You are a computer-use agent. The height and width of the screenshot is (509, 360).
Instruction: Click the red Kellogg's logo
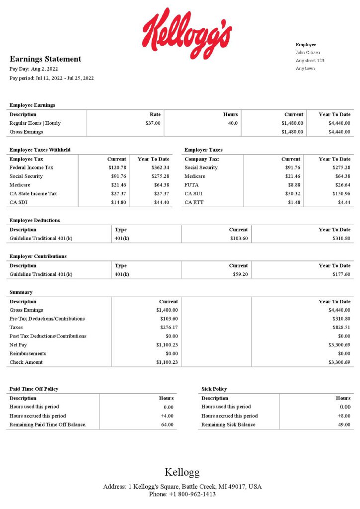187,32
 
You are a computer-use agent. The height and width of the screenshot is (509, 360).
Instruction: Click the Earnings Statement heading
45,59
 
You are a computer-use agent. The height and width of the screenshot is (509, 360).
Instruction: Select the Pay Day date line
34,69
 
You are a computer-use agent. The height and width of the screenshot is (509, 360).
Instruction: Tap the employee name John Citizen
308,52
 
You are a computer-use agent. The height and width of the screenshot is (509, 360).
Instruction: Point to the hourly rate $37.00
153,123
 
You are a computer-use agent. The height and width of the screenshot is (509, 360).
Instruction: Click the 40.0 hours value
233,123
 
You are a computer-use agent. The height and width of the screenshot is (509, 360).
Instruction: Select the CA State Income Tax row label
33,193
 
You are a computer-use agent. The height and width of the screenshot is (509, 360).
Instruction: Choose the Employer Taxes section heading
203,150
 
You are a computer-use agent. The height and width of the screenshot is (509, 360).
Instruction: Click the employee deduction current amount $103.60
239,239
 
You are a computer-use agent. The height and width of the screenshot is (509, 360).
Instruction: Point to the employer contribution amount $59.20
240,274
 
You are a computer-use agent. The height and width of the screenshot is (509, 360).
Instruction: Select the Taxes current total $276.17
169,327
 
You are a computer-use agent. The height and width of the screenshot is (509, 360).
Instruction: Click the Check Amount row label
26,362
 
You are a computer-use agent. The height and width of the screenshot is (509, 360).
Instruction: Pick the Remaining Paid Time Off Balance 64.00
167,424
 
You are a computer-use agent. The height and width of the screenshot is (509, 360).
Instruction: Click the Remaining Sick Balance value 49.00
343,424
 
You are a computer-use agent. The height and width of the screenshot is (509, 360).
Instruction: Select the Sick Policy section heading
214,389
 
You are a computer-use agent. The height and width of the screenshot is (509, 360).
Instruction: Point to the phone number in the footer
182,494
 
